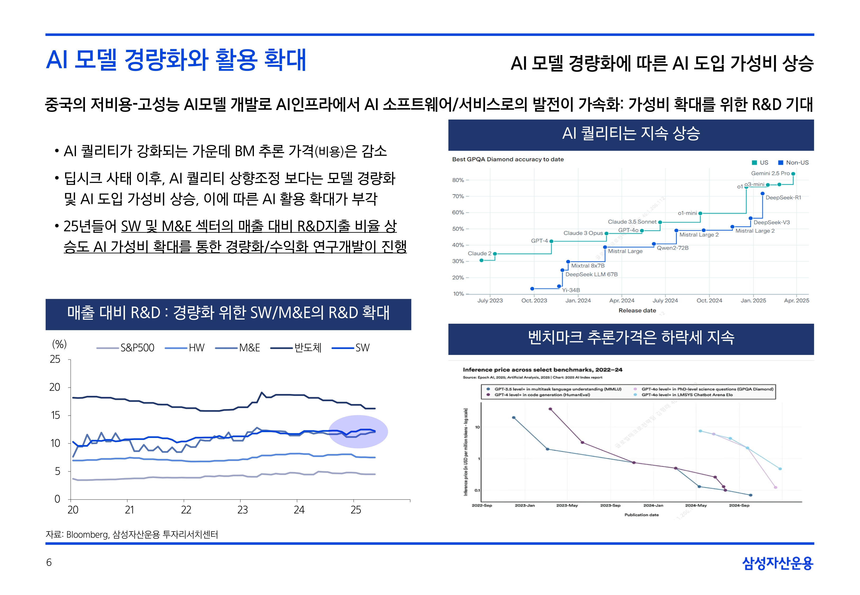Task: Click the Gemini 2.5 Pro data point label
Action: coord(770,173)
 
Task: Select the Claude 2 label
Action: coord(479,254)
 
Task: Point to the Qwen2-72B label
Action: coord(672,248)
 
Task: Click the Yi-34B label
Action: coord(571,290)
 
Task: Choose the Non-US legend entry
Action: coord(797,163)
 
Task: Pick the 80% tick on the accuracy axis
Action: coord(458,180)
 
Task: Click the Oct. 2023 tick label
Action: coord(534,300)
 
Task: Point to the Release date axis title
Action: coord(637,310)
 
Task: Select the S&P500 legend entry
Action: coord(137,348)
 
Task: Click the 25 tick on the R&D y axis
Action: coord(55,359)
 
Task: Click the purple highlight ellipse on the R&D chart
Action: coord(358,432)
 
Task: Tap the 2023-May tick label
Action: coord(567,506)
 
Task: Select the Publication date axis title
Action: coord(641,515)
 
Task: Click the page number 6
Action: coord(49,562)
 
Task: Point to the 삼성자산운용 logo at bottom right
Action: coord(778,563)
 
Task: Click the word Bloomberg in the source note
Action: coord(87,535)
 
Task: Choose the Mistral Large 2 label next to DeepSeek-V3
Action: coord(755,231)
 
